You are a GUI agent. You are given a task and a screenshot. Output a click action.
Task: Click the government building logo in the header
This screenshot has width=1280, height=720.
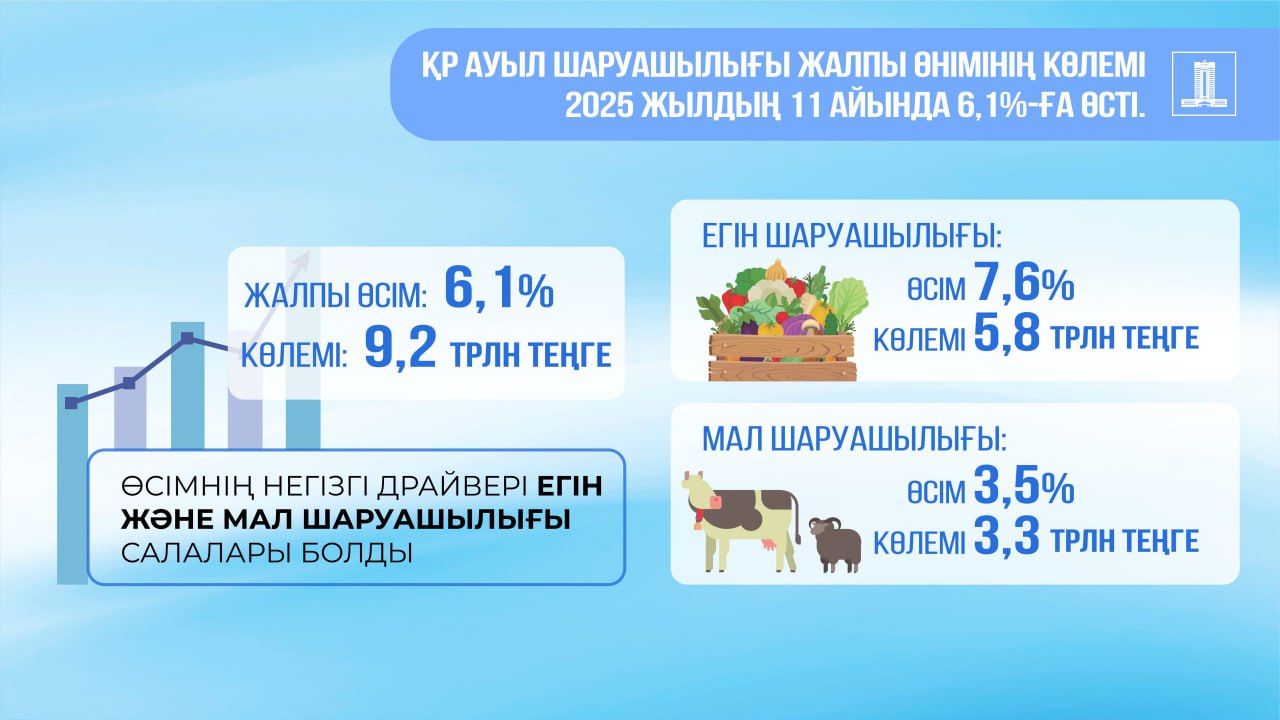coord(1204,83)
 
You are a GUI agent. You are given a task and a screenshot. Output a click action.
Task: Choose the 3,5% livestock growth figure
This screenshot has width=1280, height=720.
coord(1025,485)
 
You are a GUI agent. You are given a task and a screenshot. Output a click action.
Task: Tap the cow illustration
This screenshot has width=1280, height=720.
coord(741,521)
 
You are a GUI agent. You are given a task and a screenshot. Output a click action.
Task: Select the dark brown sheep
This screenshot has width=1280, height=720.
coord(835,545)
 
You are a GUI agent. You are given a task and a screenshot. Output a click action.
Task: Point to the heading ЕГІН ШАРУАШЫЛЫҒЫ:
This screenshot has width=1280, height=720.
coord(852,236)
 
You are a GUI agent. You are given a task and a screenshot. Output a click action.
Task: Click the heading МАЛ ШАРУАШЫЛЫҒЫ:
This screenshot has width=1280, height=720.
coord(854,439)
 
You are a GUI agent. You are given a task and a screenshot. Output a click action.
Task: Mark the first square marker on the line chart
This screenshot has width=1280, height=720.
coord(71,403)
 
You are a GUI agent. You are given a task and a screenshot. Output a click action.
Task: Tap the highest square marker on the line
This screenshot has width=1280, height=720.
coord(187,338)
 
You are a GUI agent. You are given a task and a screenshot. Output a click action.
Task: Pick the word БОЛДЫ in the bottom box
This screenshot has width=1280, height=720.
coord(357,553)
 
